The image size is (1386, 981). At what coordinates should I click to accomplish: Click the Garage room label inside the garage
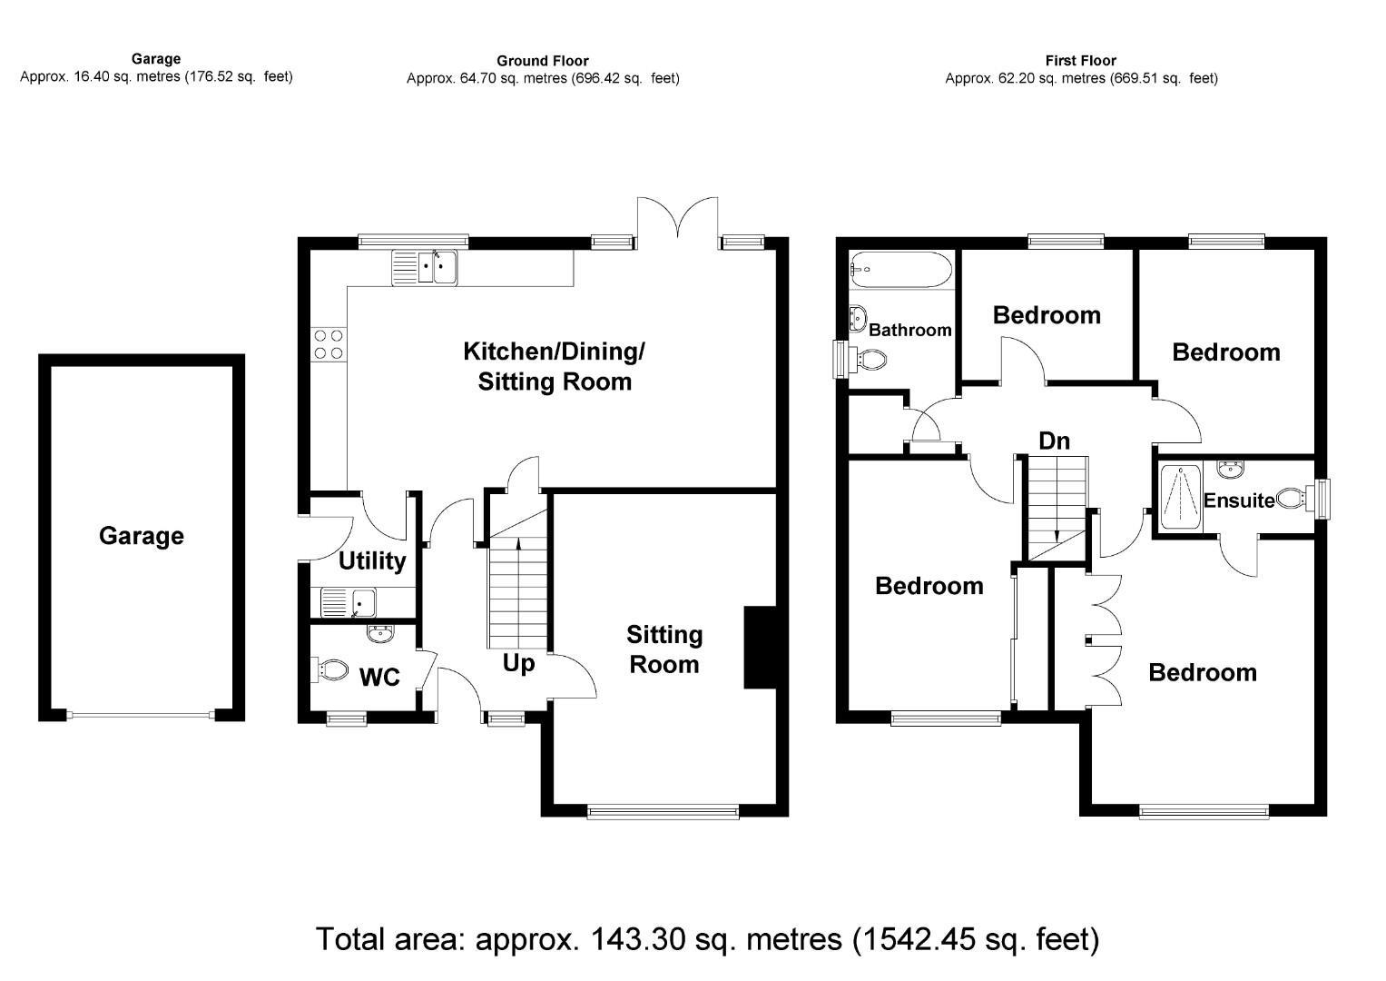(x=141, y=536)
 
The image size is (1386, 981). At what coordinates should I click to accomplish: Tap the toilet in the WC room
(x=330, y=671)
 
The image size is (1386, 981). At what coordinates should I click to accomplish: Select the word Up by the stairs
(x=518, y=664)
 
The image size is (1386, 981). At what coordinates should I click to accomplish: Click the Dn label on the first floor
(x=1054, y=441)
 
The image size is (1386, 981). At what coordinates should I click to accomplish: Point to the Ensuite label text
(x=1238, y=500)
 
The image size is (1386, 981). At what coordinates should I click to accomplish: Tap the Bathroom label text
(x=909, y=330)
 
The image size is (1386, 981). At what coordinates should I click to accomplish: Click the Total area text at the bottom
(x=707, y=938)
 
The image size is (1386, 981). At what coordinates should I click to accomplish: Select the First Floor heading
(x=1080, y=61)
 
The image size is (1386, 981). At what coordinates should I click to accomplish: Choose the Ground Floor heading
(x=542, y=61)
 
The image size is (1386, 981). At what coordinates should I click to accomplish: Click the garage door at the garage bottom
(x=141, y=715)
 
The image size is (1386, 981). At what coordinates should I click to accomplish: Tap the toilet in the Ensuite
(x=1293, y=498)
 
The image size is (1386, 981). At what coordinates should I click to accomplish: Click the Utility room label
(x=371, y=561)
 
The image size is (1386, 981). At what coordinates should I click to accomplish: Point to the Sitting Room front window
(x=663, y=811)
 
